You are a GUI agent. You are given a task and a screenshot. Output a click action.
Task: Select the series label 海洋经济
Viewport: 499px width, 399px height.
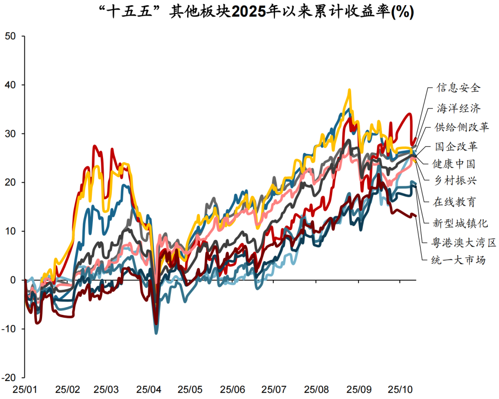(459, 109)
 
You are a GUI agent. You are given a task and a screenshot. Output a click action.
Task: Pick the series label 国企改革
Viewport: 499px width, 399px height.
(456, 147)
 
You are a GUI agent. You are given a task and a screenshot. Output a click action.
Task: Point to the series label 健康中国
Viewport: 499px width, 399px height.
(454, 164)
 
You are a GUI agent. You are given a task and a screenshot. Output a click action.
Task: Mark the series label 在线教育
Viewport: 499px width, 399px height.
(454, 202)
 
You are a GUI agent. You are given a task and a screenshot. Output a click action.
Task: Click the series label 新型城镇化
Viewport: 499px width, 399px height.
(460, 223)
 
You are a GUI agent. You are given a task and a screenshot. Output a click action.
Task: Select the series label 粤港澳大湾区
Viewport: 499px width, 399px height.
(463, 242)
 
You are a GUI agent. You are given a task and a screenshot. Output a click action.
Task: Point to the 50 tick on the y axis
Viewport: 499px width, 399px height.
(10, 37)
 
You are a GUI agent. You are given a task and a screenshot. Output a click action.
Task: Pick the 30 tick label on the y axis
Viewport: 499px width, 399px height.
(10, 134)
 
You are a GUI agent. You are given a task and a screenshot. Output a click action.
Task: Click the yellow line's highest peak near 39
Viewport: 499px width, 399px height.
(349, 90)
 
